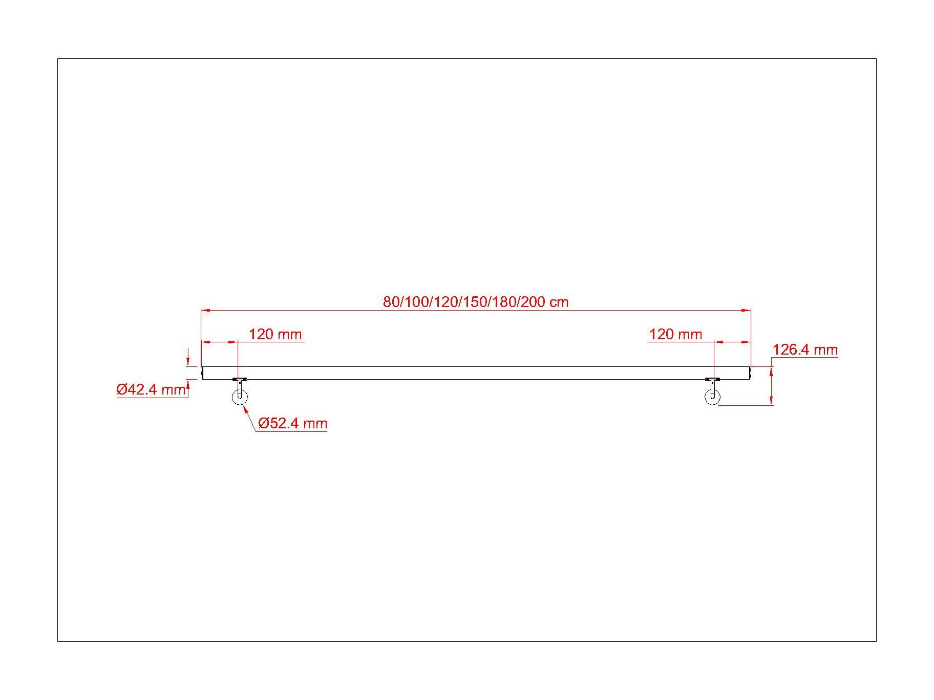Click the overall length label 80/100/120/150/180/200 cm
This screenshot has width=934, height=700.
[x=476, y=302]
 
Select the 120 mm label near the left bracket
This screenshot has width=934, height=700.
[x=275, y=335]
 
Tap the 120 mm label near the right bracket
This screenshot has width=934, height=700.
[x=675, y=335]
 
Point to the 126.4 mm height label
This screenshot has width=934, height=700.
[x=805, y=350]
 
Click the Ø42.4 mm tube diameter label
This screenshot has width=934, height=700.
[x=151, y=390]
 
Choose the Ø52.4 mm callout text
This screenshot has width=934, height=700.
[x=292, y=424]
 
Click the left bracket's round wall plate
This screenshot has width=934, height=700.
[x=239, y=397]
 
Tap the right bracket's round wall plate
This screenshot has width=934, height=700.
[x=712, y=397]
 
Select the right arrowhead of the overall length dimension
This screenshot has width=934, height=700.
[x=746, y=310]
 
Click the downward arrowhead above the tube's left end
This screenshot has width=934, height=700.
[x=188, y=362]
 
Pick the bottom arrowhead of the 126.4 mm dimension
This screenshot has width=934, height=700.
[x=771, y=401]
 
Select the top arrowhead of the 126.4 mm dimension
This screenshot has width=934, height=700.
[x=771, y=371]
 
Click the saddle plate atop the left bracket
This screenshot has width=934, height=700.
[x=239, y=380]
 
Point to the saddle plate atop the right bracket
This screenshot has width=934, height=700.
[x=712, y=380]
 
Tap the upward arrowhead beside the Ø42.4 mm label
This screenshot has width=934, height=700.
[x=188, y=384]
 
